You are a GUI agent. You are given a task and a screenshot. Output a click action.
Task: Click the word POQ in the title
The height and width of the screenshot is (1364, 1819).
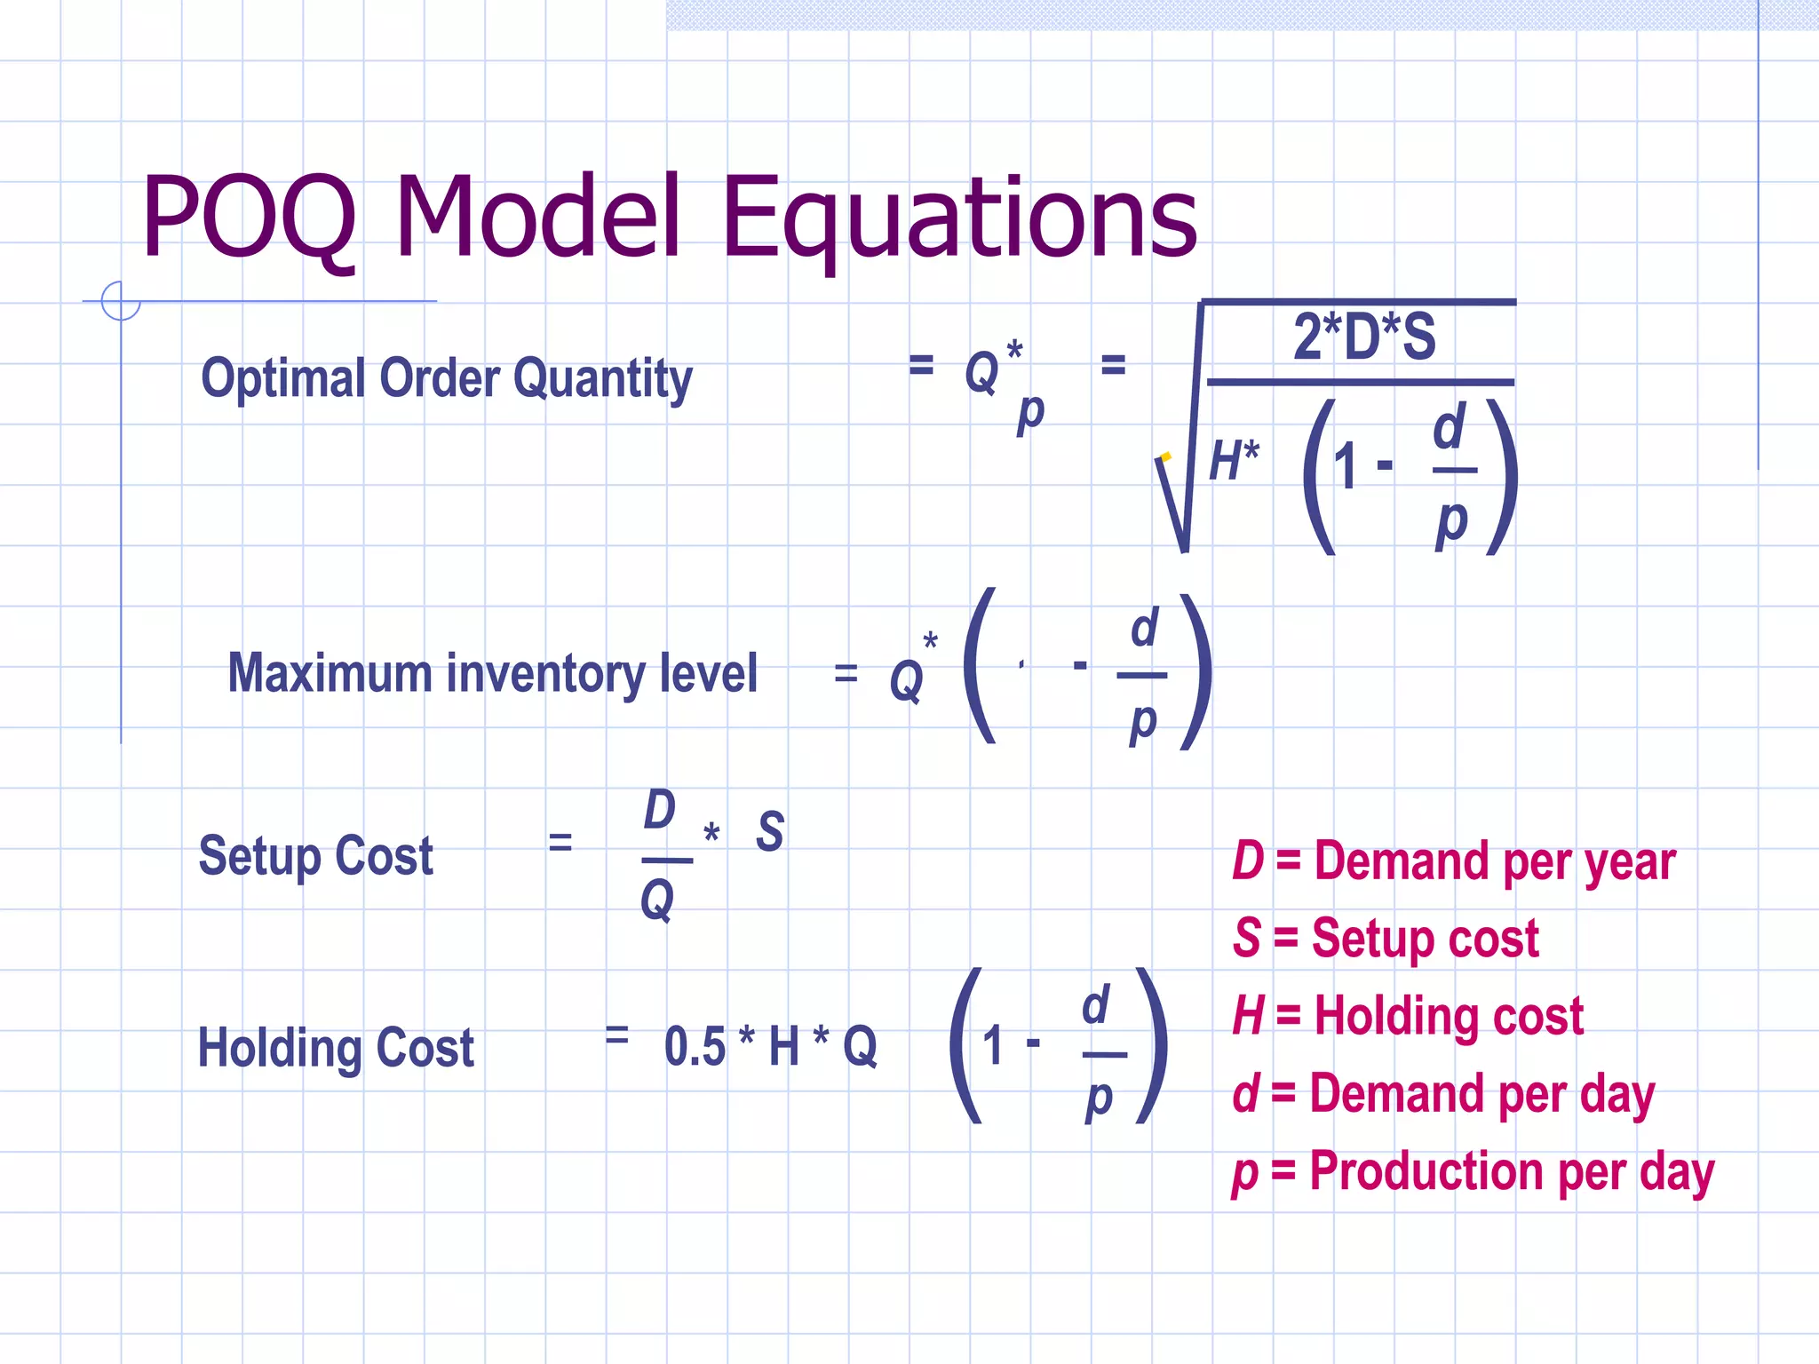pyautogui.click(x=249, y=218)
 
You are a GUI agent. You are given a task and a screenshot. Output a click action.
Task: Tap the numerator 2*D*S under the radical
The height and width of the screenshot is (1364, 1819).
pyautogui.click(x=1363, y=337)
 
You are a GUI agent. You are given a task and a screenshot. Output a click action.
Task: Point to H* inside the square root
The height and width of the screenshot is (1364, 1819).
pyautogui.click(x=1234, y=462)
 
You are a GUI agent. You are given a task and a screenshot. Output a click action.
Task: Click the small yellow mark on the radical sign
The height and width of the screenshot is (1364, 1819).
pyautogui.click(x=1165, y=456)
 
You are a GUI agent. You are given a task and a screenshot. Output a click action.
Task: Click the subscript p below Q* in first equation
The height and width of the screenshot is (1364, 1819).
pyautogui.click(x=1030, y=413)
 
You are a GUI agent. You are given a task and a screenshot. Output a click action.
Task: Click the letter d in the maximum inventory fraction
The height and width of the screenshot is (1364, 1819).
pyautogui.click(x=1144, y=629)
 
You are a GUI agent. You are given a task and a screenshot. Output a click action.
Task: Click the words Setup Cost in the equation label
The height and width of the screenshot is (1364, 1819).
pyautogui.click(x=315, y=856)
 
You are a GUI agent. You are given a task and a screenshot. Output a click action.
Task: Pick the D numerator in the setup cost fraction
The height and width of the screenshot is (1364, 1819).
pyautogui.click(x=659, y=810)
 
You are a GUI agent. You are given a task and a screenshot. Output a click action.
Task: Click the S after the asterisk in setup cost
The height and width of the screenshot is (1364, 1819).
pyautogui.click(x=769, y=832)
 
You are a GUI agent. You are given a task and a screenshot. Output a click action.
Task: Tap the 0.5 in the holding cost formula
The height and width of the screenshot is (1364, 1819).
pyautogui.click(x=695, y=1046)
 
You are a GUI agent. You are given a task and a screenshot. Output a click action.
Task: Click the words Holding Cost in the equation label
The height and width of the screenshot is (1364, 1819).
pyautogui.click(x=336, y=1048)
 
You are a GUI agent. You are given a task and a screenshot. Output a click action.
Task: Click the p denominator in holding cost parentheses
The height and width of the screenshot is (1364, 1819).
pyautogui.click(x=1099, y=1099)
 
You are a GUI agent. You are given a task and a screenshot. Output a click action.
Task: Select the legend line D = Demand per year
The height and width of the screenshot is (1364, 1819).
pyautogui.click(x=1453, y=861)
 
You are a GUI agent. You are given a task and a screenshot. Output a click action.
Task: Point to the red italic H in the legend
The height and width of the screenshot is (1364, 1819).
pyautogui.click(x=1248, y=1016)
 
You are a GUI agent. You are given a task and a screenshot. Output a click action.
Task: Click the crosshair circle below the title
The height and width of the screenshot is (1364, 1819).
pyautogui.click(x=121, y=301)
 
